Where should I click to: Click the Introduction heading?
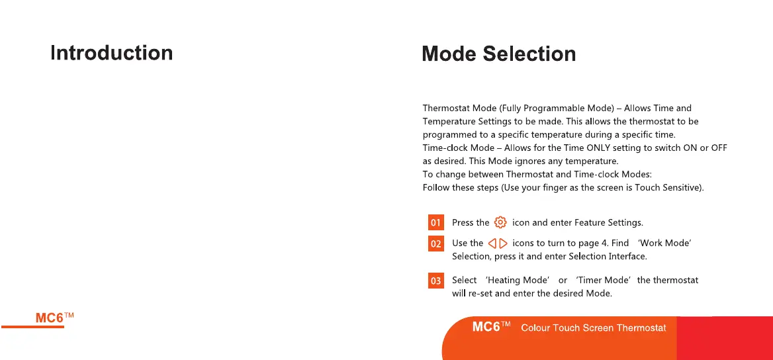click(x=111, y=53)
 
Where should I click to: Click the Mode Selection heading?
click(x=499, y=53)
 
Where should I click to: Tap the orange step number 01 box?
click(x=435, y=222)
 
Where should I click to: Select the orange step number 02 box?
click(x=435, y=244)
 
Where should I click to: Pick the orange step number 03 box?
click(x=435, y=281)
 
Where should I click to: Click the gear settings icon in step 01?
click(x=500, y=222)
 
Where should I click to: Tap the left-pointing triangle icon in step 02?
click(x=492, y=244)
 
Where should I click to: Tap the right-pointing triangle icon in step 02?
click(x=504, y=244)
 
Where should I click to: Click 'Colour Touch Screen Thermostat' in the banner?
click(x=594, y=328)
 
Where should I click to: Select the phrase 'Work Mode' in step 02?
click(x=664, y=243)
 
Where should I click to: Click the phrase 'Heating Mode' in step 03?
click(x=517, y=280)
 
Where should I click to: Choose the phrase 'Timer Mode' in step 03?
click(x=604, y=280)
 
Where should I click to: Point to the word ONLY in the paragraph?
click(x=598, y=148)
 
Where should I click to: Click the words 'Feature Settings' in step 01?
click(x=608, y=223)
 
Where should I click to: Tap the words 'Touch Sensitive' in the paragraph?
click(x=668, y=188)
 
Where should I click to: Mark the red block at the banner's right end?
click(x=725, y=338)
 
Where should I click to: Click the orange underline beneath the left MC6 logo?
click(x=32, y=326)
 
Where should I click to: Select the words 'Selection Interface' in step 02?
click(x=608, y=257)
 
